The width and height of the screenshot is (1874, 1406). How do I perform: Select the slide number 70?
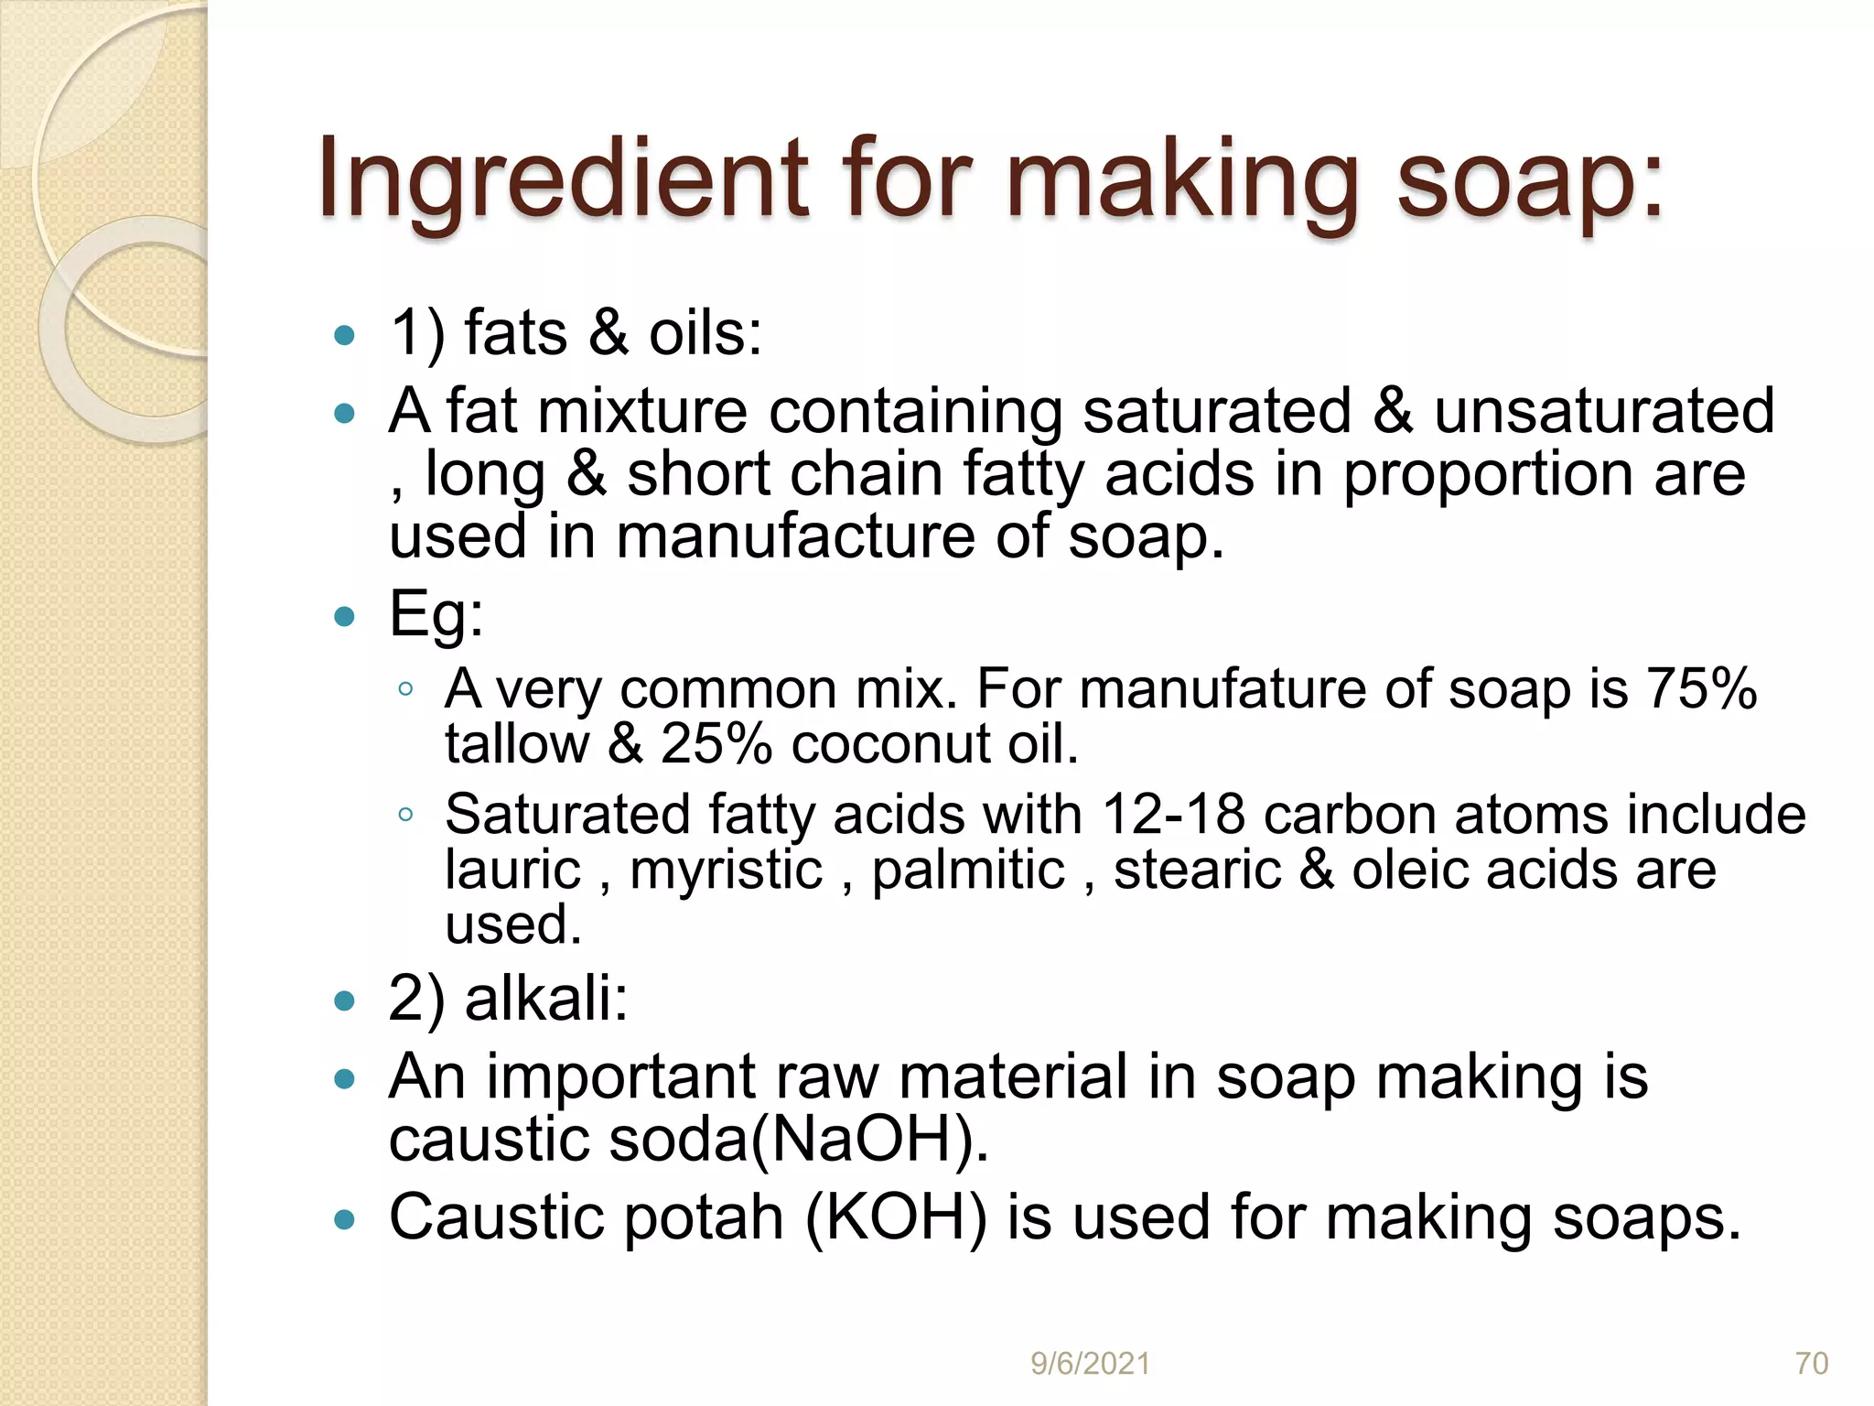1812,1363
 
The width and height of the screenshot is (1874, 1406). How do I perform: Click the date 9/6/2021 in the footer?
1090,1363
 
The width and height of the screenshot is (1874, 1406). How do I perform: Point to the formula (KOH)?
896,1217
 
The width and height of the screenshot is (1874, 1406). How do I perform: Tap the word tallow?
517,743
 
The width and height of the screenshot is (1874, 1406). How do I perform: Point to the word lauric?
512,869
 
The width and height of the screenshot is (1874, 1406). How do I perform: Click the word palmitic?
968,869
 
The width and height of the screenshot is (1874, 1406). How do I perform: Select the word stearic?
1197,869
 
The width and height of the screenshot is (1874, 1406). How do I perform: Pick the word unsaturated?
1603,411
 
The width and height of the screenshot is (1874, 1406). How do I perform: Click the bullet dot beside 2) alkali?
344,1000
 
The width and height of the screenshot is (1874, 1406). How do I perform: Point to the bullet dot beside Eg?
344,616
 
